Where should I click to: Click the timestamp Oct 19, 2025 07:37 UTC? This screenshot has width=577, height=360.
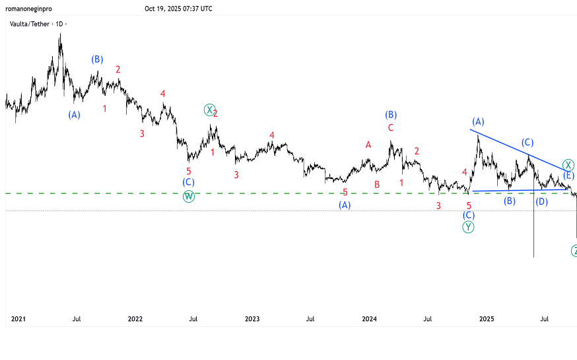tap(178, 9)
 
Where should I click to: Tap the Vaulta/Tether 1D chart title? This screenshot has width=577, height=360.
tap(38, 24)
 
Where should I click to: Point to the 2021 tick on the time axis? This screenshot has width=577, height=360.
tap(18, 319)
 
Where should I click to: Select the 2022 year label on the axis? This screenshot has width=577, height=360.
tap(135, 319)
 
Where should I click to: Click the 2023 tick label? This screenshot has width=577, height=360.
tap(252, 319)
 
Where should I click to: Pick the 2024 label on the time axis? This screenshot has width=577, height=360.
tap(369, 319)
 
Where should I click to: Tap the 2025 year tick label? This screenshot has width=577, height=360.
tap(486, 319)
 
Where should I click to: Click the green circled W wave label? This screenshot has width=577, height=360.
tap(189, 196)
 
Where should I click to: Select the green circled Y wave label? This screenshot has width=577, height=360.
tap(468, 227)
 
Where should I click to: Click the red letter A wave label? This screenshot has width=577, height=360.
tap(368, 145)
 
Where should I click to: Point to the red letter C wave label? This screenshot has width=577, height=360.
tap(391, 127)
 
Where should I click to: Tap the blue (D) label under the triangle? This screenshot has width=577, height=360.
tap(541, 201)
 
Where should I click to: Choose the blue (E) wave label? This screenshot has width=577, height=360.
tap(568, 176)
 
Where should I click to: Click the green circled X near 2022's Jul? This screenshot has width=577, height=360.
tap(209, 110)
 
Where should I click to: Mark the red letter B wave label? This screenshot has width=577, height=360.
tap(377, 184)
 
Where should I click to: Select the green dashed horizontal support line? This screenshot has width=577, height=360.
tap(264, 193)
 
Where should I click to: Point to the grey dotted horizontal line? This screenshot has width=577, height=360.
tap(264, 211)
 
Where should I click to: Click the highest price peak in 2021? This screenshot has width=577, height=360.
tap(60, 34)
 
